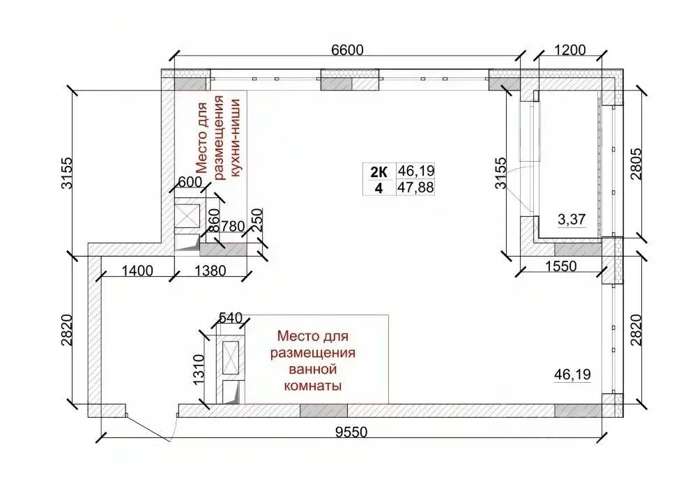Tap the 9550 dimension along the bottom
click(x=351, y=433)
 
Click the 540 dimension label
click(x=230, y=319)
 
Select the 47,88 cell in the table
click(x=415, y=187)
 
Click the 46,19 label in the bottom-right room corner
click(x=572, y=374)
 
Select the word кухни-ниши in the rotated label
click(x=235, y=135)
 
